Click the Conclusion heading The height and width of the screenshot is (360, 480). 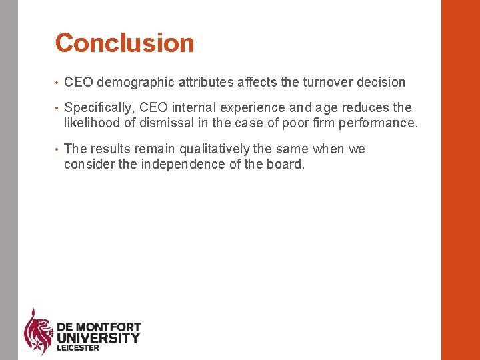[125, 43]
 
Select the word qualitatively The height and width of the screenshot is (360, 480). [215, 149]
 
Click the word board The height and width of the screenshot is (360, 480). [288, 164]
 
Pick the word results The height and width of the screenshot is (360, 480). [111, 149]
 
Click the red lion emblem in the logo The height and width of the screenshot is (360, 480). [39, 330]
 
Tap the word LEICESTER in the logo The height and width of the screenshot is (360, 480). [78, 348]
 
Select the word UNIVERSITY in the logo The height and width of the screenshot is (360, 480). [99, 338]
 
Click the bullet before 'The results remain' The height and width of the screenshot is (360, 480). [58, 149]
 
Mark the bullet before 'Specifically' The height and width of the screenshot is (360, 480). [58, 108]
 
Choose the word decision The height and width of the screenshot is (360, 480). [381, 83]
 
